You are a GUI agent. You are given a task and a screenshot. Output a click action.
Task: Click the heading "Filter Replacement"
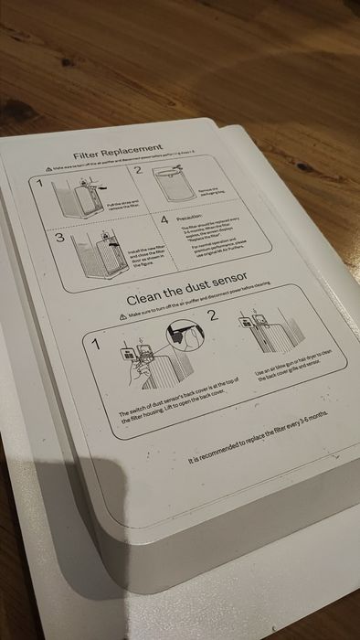click(118, 149)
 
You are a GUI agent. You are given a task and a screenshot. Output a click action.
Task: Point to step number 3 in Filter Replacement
click(58, 239)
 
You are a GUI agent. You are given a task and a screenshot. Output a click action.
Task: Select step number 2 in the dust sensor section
click(212, 316)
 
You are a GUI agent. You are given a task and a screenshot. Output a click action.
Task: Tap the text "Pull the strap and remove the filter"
click(122, 206)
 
